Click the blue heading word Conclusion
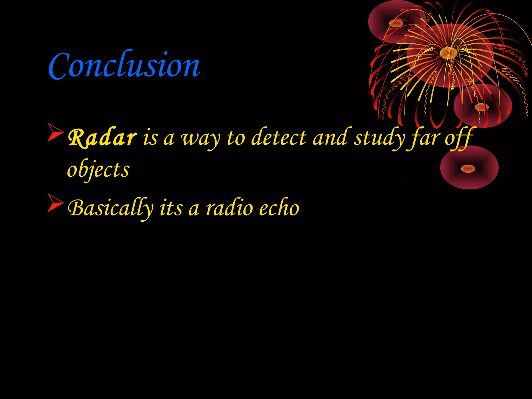pos(124,65)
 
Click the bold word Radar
pos(102,138)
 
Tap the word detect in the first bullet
pos(279,138)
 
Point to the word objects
pos(98,170)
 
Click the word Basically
pos(110,208)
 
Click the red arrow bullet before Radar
pos(55,133)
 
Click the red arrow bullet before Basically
pos(55,203)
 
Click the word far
pos(424,138)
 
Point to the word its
pos(171,208)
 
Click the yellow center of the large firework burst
pos(448,53)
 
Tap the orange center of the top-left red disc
pos(396,24)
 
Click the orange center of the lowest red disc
pos(468,169)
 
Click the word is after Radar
pos(150,138)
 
